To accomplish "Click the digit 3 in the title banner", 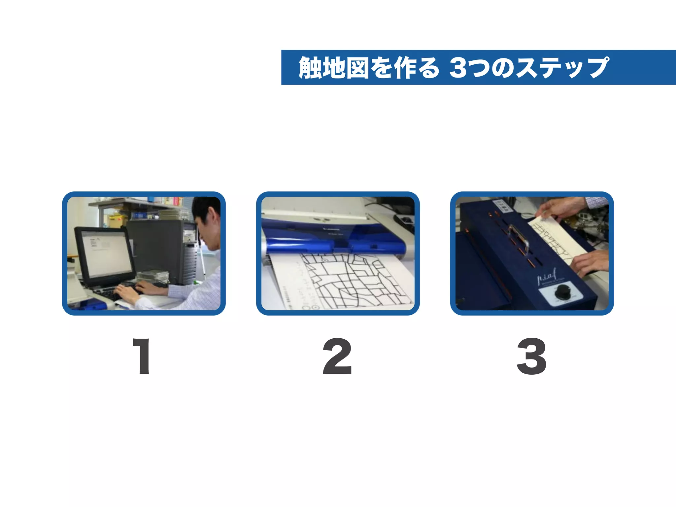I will (460, 68).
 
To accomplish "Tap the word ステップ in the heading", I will (561, 68).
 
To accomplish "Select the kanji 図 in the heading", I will (357, 68).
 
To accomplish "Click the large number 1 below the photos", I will (142, 356).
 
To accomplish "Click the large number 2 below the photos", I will (337, 356).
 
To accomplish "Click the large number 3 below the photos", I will (531, 356).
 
